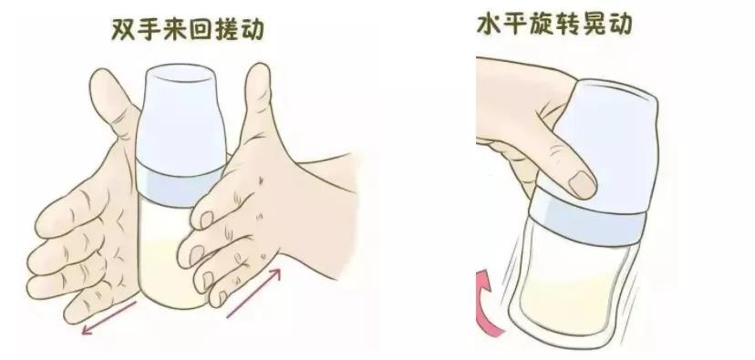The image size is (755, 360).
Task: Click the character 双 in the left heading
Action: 122,29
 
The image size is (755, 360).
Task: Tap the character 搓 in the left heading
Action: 226,29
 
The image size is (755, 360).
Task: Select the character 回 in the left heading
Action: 200,29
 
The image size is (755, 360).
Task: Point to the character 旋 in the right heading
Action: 542,23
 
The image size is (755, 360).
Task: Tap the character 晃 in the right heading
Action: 594,23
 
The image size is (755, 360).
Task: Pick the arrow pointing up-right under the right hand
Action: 253,293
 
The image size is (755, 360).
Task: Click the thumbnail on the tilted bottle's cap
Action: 581,184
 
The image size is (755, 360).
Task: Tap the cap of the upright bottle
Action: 181,115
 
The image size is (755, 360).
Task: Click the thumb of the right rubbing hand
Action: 255,104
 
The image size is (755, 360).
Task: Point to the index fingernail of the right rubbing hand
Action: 207,220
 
